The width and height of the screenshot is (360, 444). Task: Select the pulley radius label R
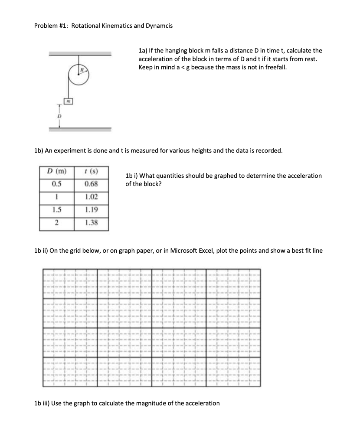80,69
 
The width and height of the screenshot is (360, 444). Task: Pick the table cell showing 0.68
91,183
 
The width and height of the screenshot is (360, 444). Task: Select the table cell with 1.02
91,196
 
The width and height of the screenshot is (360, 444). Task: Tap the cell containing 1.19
91,210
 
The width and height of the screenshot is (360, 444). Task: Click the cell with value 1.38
91,223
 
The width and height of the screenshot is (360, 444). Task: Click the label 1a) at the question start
143,51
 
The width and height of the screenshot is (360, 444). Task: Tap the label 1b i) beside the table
132,176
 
